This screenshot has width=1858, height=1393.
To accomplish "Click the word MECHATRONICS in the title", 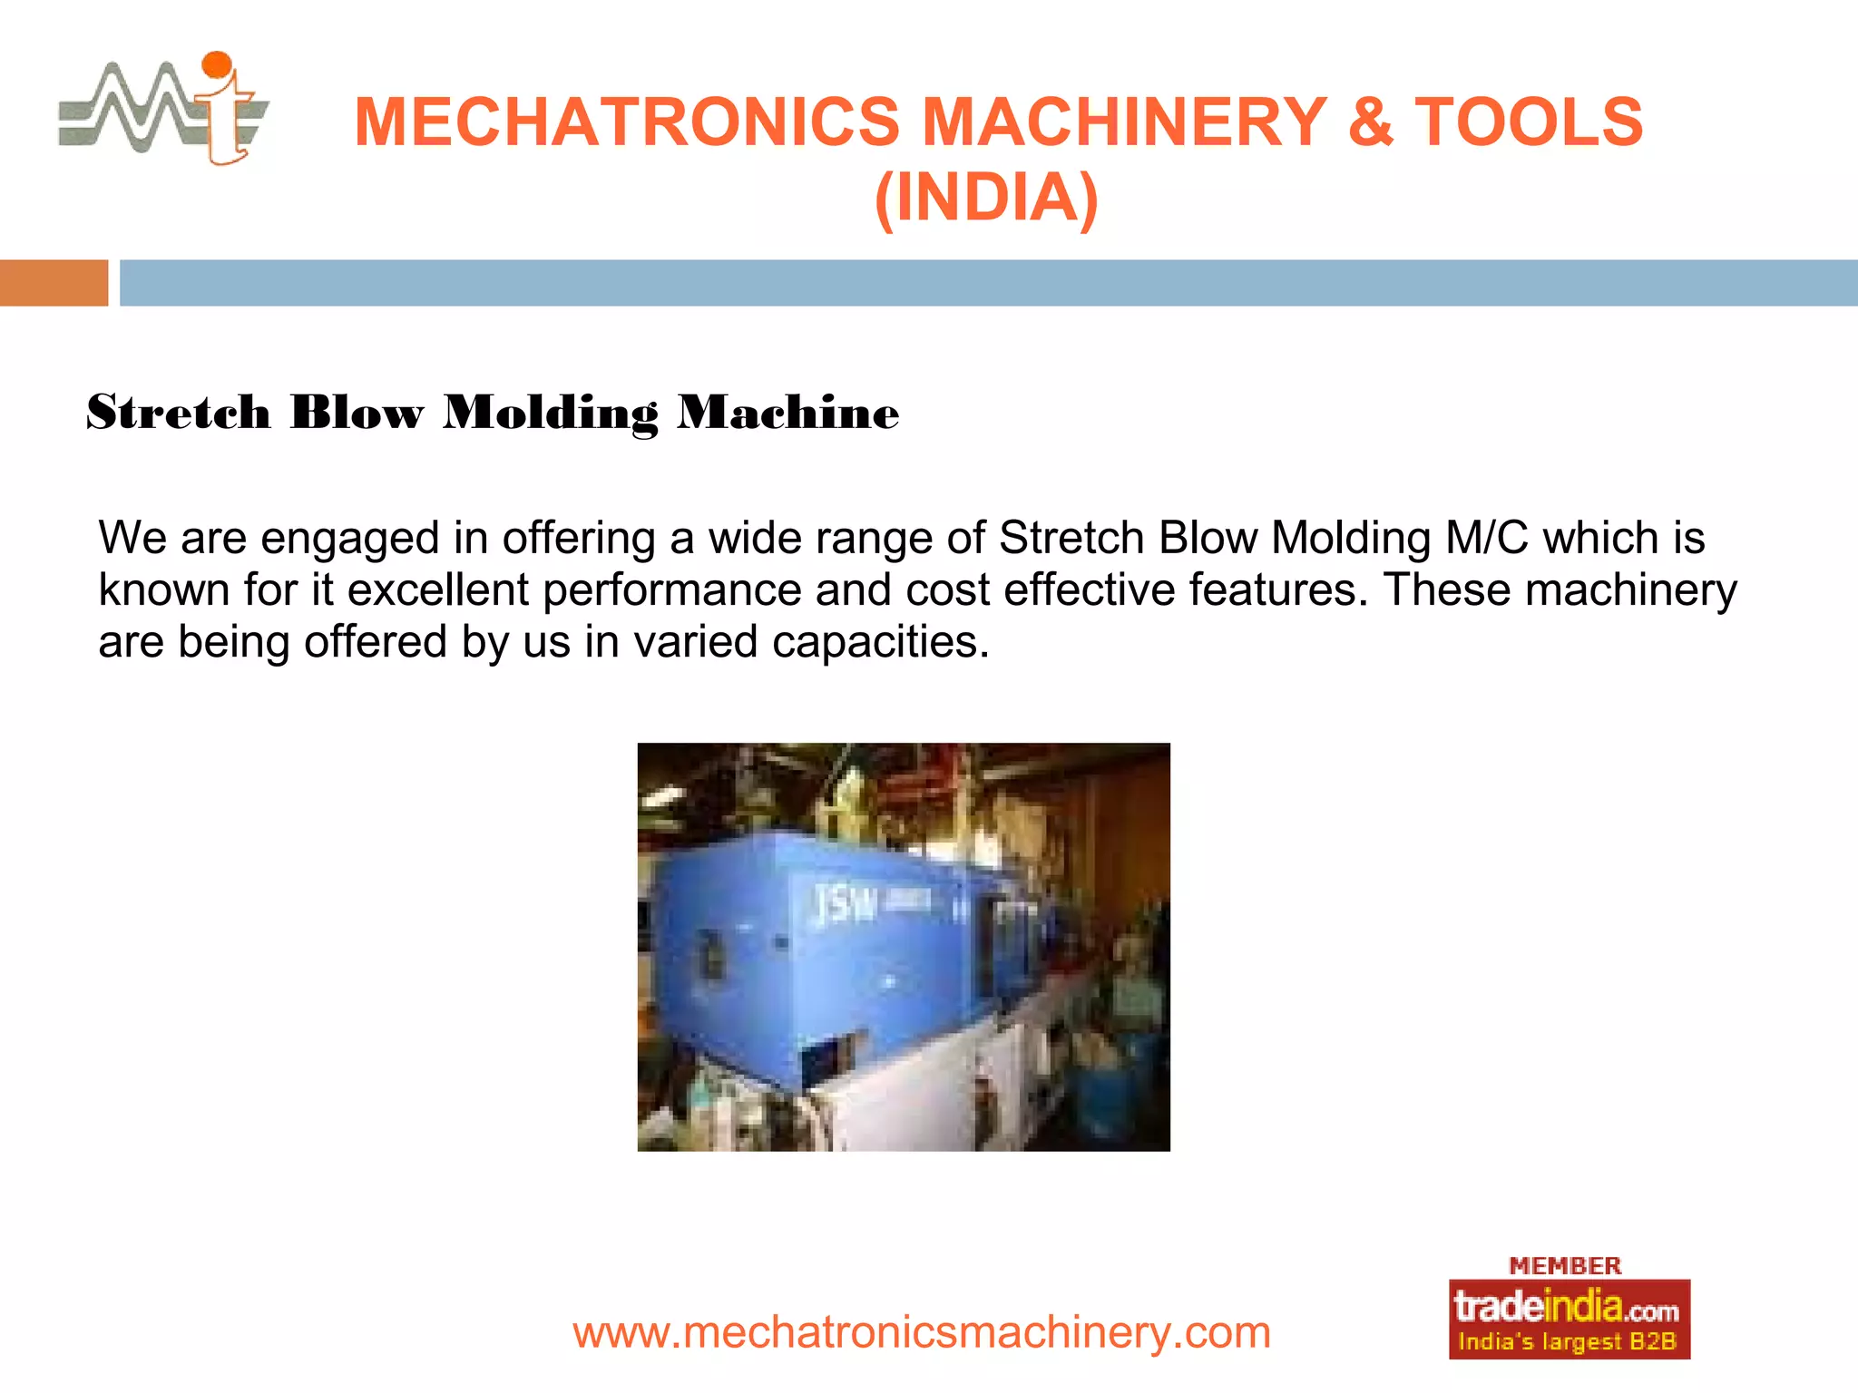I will [x=626, y=122].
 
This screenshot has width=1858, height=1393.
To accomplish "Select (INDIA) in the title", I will [x=986, y=198].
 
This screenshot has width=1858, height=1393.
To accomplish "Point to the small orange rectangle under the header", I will [x=54, y=283].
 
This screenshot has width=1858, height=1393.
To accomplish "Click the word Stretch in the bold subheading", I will [x=179, y=414].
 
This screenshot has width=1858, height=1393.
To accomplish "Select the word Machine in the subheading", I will [x=788, y=414].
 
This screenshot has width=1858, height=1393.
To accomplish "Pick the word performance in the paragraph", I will [x=672, y=590].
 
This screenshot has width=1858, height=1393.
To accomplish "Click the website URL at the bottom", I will [x=922, y=1332].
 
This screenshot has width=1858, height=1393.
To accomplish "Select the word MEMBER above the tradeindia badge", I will [x=1565, y=1266].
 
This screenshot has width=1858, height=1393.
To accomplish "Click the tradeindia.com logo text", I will [x=1567, y=1308].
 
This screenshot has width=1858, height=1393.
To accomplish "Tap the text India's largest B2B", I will [x=1567, y=1342].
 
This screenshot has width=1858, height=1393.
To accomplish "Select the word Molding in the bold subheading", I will [x=551, y=414].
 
